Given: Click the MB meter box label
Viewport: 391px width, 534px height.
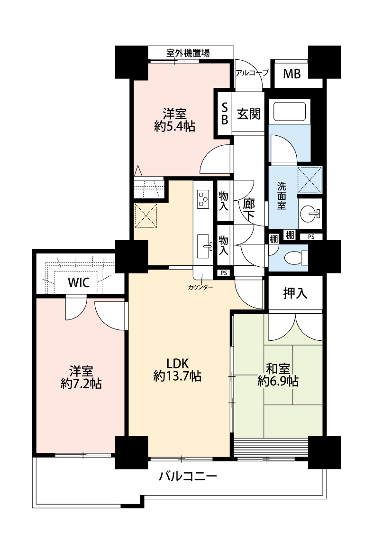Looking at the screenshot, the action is click(x=292, y=74).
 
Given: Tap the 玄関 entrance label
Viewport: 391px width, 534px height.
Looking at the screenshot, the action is click(x=249, y=114).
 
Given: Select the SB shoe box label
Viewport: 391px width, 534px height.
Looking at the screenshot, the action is click(x=224, y=114).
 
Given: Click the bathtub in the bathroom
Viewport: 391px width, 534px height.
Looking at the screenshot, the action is click(x=290, y=112).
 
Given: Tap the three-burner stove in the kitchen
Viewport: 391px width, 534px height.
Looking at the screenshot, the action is click(x=203, y=199).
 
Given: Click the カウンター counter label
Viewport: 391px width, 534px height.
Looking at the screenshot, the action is click(x=200, y=288).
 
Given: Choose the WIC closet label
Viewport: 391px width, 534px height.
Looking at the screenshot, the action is click(x=79, y=282).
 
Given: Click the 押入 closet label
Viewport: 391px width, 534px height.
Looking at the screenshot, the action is click(x=295, y=293).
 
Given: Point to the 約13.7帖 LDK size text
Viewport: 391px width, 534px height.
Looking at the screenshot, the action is click(x=177, y=376).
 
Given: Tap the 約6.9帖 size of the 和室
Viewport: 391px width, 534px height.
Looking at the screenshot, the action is click(x=278, y=381).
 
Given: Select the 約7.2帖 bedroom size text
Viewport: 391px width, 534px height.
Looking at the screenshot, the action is click(x=81, y=384).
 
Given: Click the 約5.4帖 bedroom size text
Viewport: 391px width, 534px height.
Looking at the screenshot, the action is click(x=174, y=127).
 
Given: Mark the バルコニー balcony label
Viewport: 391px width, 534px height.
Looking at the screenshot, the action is click(x=188, y=476).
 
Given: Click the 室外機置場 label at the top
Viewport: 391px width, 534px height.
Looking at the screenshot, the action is click(x=188, y=53).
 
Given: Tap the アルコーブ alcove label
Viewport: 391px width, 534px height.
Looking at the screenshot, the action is click(x=252, y=73).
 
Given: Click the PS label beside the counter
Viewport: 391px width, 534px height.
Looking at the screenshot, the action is click(x=223, y=273).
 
